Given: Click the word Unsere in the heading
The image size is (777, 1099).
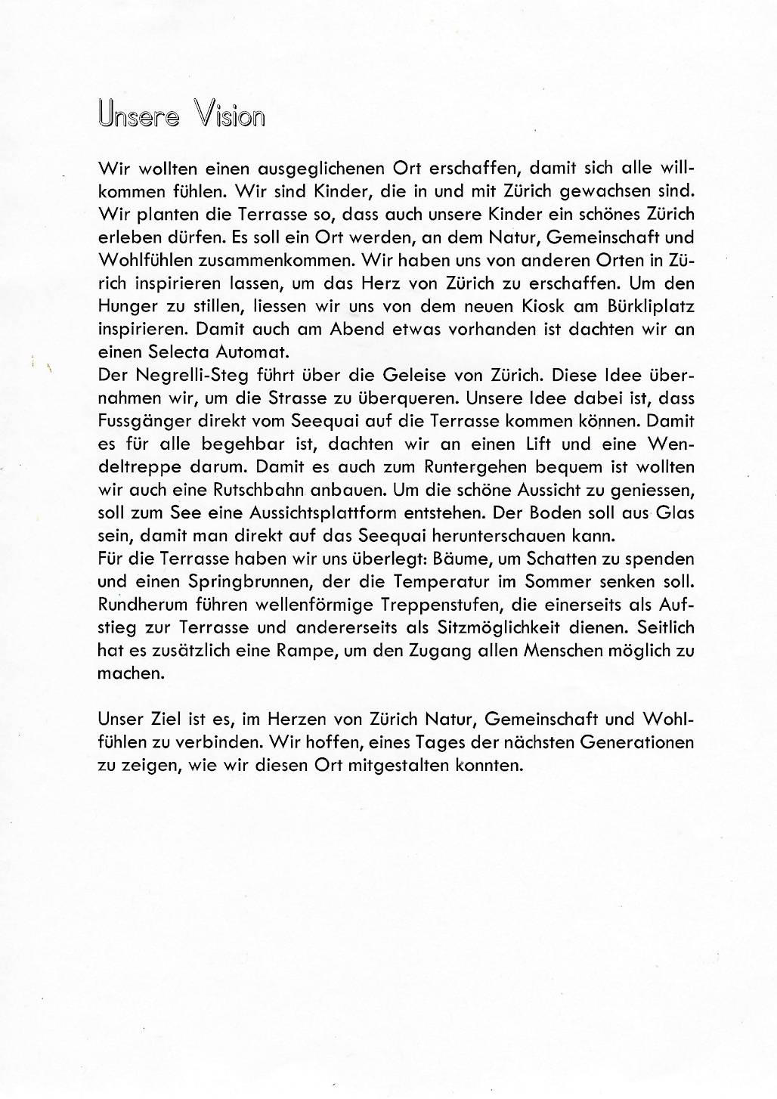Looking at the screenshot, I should pos(139,115).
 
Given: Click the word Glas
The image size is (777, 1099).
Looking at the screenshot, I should pos(675,512).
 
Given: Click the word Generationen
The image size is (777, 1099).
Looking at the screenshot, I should pos(636,742).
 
